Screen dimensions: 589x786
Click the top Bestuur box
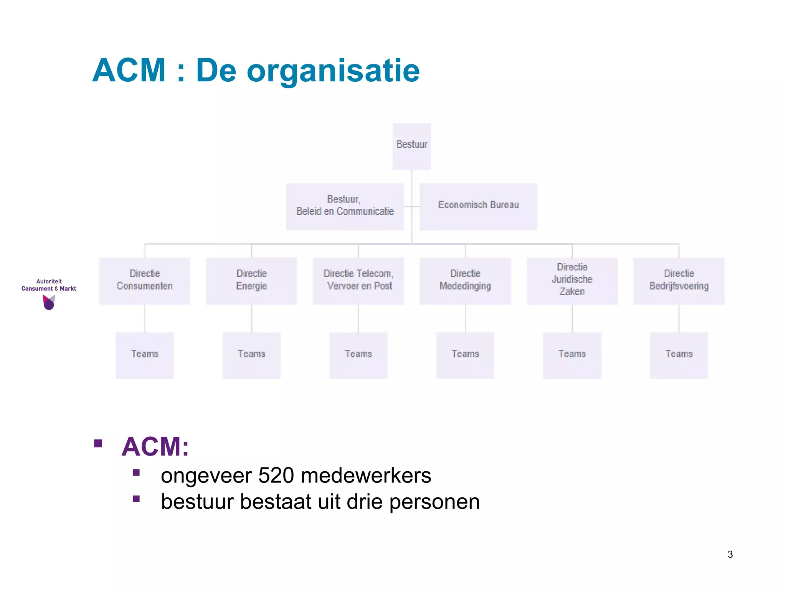(x=411, y=146)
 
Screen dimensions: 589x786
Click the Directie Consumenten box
(x=145, y=281)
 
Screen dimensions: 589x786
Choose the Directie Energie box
(x=251, y=281)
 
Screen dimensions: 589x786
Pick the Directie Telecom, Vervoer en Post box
(x=358, y=281)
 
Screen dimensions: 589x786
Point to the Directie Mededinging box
(x=465, y=281)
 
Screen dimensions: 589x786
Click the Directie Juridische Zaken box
(x=572, y=281)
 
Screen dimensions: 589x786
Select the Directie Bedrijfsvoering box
(x=679, y=281)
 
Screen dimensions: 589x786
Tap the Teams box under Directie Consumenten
(x=145, y=355)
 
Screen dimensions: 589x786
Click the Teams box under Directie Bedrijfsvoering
(x=679, y=355)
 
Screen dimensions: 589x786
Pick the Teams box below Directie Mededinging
(x=465, y=355)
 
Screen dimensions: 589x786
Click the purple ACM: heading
(x=155, y=447)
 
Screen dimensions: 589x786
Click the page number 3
(x=730, y=554)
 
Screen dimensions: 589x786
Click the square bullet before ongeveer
(x=136, y=472)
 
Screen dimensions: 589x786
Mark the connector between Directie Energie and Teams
(x=251, y=318)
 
